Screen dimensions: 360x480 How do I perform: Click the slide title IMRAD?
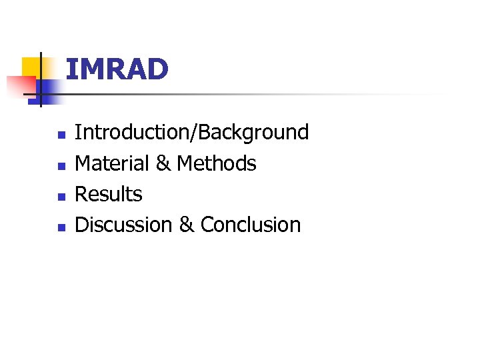pos(117,69)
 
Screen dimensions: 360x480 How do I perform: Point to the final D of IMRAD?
pos(158,69)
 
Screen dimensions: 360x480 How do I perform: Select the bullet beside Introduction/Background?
pos(60,135)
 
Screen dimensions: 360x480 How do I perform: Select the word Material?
pos(112,163)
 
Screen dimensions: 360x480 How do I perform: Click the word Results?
pos(109,194)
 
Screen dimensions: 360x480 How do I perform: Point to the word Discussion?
pos(124,225)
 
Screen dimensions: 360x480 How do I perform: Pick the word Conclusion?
pos(251,225)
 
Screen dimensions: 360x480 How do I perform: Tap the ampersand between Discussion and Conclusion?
pos(187,225)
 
